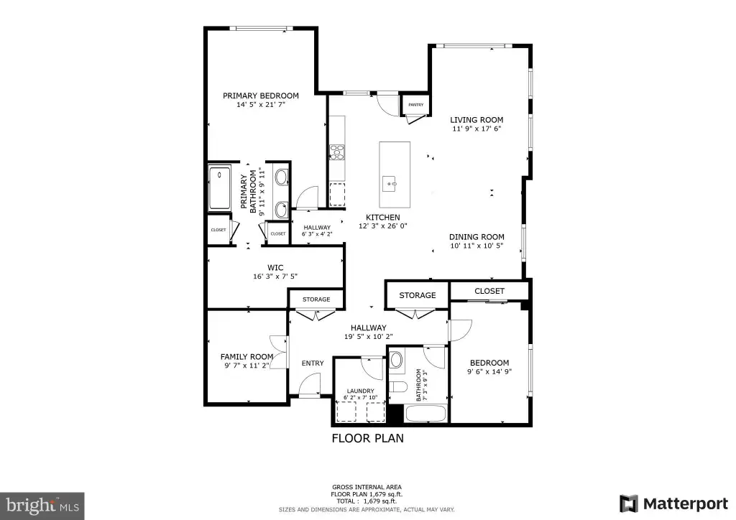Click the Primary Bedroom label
[x=260, y=96]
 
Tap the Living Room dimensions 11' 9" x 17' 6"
[x=477, y=129]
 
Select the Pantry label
[x=416, y=105]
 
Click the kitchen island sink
[x=390, y=184]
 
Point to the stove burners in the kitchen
[x=336, y=152]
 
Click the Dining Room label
[x=477, y=237]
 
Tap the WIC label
[x=275, y=268]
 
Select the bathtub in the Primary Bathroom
[x=219, y=187]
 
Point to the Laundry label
[x=361, y=391]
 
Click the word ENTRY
[x=313, y=363]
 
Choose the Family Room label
[x=247, y=357]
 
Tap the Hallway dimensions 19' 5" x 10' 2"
[x=369, y=337]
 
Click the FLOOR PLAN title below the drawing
[x=367, y=438]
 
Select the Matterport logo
[x=674, y=503]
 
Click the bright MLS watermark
[x=42, y=506]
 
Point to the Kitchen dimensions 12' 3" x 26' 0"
[x=382, y=226]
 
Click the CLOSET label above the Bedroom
[x=489, y=291]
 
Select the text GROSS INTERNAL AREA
[x=367, y=487]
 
